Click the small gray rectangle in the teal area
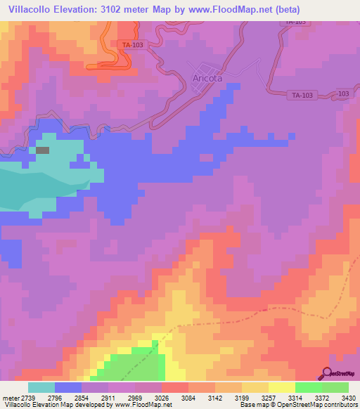click(x=43, y=150)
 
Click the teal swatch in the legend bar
click(x=41, y=387)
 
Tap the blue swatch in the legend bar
click(x=68, y=387)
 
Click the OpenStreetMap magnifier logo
click(x=326, y=373)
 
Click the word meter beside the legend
click(x=9, y=398)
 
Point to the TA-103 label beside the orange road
click(x=133, y=46)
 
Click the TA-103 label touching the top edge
click(x=297, y=22)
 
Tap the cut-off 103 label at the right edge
click(x=343, y=93)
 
